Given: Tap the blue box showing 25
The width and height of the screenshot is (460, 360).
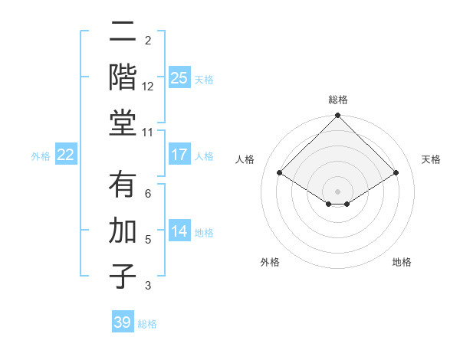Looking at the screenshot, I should tap(179, 77).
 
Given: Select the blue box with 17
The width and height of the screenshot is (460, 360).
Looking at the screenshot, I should tap(179, 155).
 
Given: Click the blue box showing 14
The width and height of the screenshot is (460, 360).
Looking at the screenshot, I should tap(179, 232).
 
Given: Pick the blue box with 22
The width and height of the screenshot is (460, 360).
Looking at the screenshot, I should tap(65, 155).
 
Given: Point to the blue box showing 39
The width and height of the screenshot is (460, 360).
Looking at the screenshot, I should tap(122, 322).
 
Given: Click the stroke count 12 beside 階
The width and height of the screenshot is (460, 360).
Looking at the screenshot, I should tap(148, 87).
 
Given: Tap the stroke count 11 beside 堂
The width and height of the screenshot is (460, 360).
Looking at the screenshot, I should tap(148, 133).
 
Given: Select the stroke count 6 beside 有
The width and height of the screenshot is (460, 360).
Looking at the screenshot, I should tap(148, 194).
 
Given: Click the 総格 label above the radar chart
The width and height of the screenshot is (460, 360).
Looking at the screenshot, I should tap(337, 100).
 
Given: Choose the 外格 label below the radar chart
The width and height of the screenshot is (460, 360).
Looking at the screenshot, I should tap(270, 262).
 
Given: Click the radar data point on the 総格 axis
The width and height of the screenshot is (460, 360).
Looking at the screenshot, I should tap(337, 116).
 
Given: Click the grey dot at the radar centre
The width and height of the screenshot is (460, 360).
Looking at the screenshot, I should tap(337, 191).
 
